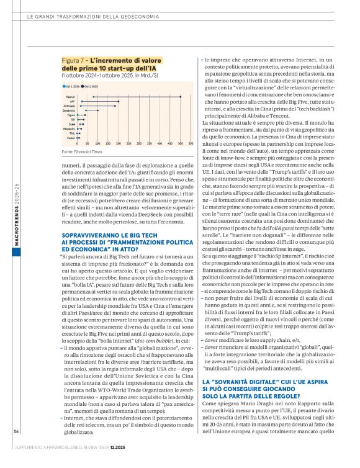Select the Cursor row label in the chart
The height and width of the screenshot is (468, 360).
tap(71, 137)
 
